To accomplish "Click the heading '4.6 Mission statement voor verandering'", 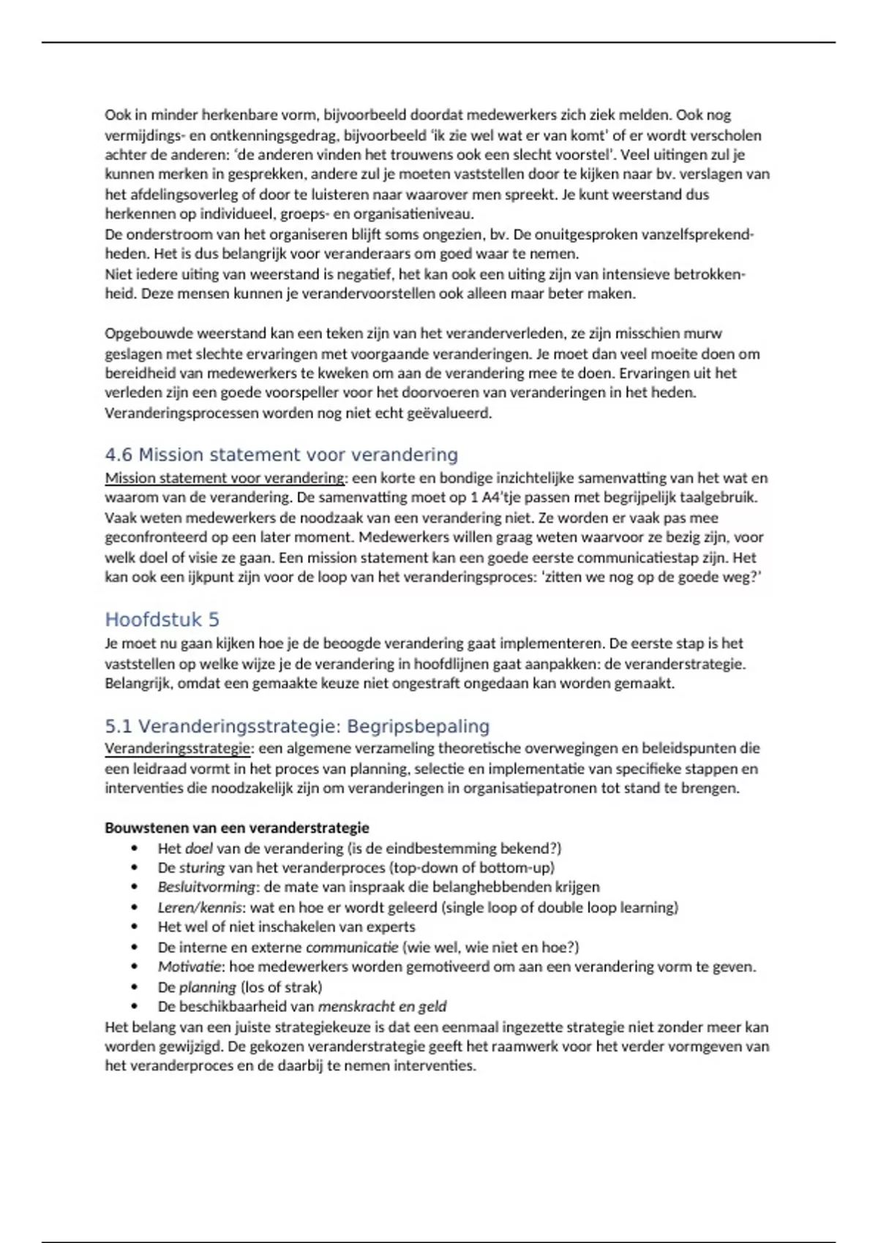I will pyautogui.click(x=281, y=455).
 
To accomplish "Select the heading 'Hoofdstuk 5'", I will pyautogui.click(x=162, y=620).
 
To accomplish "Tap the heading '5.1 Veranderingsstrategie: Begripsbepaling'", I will pyautogui.click(x=297, y=727).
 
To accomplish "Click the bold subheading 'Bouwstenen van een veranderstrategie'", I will pyautogui.click(x=236, y=828).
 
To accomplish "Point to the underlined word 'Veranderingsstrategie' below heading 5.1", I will pyautogui.click(x=178, y=748).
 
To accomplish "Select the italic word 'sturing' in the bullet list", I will pyautogui.click(x=202, y=868).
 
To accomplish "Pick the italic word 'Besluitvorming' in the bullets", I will pyautogui.click(x=207, y=887).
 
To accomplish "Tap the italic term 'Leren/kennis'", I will pyautogui.click(x=200, y=907).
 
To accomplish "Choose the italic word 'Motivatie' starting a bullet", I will pyautogui.click(x=189, y=967).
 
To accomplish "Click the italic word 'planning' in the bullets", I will pyautogui.click(x=208, y=987).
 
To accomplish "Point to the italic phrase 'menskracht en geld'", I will pyautogui.click(x=382, y=1007).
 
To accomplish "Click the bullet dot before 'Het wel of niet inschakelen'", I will pyautogui.click(x=135, y=927).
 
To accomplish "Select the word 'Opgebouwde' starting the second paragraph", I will pyautogui.click(x=144, y=333).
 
